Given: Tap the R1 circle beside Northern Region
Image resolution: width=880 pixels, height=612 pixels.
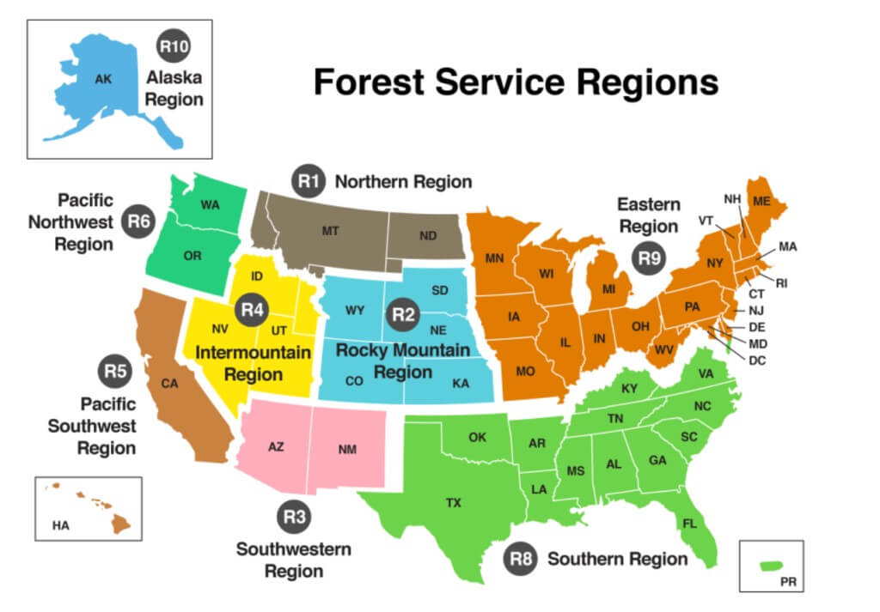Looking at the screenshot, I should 309,180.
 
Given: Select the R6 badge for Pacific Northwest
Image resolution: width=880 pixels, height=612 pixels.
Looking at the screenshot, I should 137,221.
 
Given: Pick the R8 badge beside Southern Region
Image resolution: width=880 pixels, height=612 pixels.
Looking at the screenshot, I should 522,559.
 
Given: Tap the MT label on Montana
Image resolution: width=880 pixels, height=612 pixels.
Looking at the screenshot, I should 331,231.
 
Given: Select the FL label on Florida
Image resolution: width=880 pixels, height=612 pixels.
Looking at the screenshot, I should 689,524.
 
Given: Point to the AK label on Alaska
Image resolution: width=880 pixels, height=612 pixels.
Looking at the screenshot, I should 103,79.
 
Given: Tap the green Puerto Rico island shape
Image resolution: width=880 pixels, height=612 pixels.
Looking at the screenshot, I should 773,565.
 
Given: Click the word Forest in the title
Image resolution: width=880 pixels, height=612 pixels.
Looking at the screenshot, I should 372,82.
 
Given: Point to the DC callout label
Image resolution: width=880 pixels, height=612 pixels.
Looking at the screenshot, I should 756,361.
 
